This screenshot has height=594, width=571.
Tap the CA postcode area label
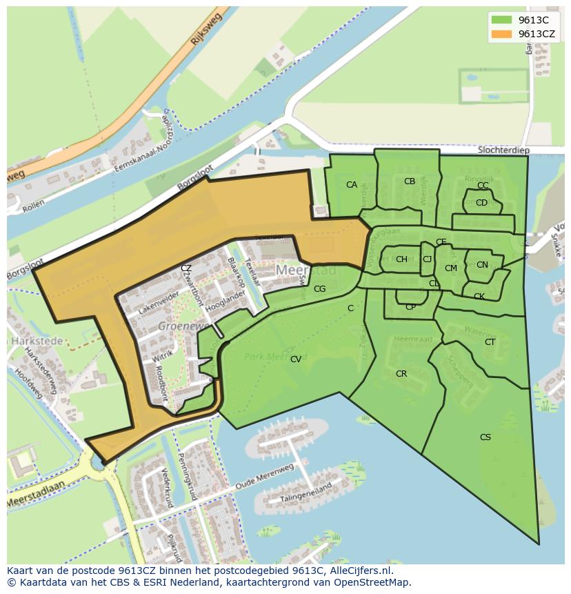pyautogui.click(x=352, y=184)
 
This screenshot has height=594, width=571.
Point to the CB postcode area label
pyautogui.click(x=410, y=181)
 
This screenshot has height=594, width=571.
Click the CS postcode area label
pyautogui.click(x=485, y=437)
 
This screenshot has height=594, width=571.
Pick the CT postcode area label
pyautogui.click(x=490, y=341)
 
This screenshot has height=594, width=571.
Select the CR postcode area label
pyautogui.click(x=401, y=373)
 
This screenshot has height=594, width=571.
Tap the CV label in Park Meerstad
pyautogui.click(x=295, y=359)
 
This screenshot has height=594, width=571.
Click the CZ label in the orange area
pyautogui.click(x=186, y=268)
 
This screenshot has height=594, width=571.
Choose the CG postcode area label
pyautogui.click(x=319, y=289)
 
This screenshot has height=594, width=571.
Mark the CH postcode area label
pyautogui.click(x=401, y=259)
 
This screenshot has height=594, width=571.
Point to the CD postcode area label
pyautogui.click(x=481, y=202)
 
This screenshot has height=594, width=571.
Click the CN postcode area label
pyautogui.click(x=482, y=264)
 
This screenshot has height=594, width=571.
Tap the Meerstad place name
pyautogui.click(x=306, y=270)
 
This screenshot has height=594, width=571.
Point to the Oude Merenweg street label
pyautogui.click(x=264, y=476)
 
